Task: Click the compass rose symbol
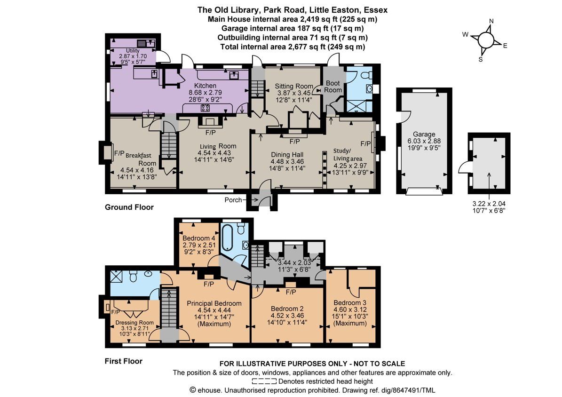pyautogui.click(x=486, y=40)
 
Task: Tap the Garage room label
pyautogui.click(x=424, y=134)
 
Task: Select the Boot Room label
pyautogui.click(x=333, y=87)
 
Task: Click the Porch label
pyautogui.click(x=233, y=200)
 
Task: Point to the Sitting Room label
pyautogui.click(x=293, y=86)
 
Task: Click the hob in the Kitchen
pyautogui.click(x=205, y=108)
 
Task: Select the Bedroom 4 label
pyautogui.click(x=199, y=238)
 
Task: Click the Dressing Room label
pyautogui.click(x=135, y=322)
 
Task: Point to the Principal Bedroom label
pyautogui.click(x=214, y=303)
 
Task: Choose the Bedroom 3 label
pyautogui.click(x=350, y=302)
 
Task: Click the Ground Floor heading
pyautogui.click(x=129, y=207)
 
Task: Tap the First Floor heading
pyautogui.click(x=123, y=361)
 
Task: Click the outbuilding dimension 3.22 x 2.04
pyautogui.click(x=489, y=204)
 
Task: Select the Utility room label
pyautogui.click(x=133, y=51)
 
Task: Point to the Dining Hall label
pyautogui.click(x=287, y=155)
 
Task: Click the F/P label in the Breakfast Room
pyautogui.click(x=119, y=153)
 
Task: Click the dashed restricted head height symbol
pyautogui.click(x=264, y=381)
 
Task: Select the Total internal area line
pyautogui.click(x=293, y=47)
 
